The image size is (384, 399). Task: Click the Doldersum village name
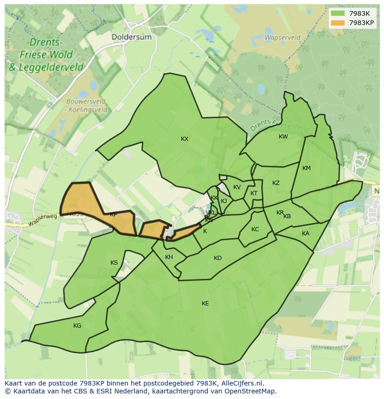tap(131, 37)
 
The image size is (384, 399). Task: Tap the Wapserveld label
tap(282, 38)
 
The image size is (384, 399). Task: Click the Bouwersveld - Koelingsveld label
tap(86, 106)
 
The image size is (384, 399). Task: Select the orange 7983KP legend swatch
tap(339, 22)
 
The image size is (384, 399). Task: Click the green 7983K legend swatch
tap(339, 13)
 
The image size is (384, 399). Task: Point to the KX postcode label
tap(185, 139)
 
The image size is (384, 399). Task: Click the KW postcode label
tap(283, 137)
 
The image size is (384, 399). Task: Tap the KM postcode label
tap(306, 168)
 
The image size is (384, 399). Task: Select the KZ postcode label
tap(276, 183)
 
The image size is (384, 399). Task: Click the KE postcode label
tap(205, 304)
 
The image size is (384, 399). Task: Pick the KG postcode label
tap(77, 326)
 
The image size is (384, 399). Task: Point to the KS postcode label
tap(114, 263)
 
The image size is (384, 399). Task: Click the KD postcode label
tap(218, 258)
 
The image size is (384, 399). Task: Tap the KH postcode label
tap(169, 257)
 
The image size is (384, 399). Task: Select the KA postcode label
tap(305, 234)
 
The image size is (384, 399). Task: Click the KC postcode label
tap(255, 229)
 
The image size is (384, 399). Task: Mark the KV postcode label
tap(237, 187)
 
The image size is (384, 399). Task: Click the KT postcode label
tap(254, 193)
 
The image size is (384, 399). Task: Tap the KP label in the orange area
tap(113, 215)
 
